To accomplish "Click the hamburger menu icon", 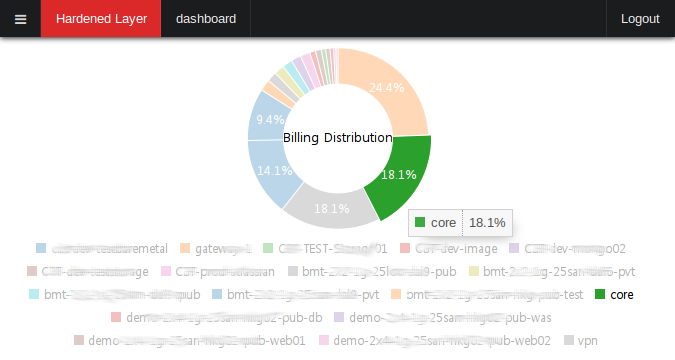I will point(20,19).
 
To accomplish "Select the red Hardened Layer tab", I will point(101,19).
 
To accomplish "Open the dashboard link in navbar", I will point(206,19).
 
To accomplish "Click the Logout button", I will point(640,19).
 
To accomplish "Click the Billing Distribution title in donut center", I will point(337,137).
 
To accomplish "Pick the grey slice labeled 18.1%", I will point(330,205).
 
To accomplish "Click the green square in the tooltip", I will point(420,222).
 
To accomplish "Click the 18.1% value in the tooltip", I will point(487,222).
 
